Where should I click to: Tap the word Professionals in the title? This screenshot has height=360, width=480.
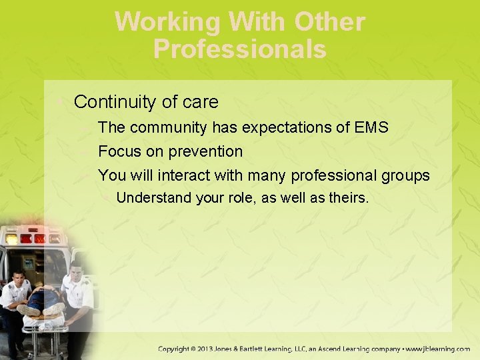(x=240, y=49)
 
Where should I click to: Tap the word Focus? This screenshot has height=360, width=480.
(x=119, y=152)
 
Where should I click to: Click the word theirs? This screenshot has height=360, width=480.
(x=349, y=198)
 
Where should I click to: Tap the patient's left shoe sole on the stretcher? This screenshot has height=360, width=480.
(x=28, y=310)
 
